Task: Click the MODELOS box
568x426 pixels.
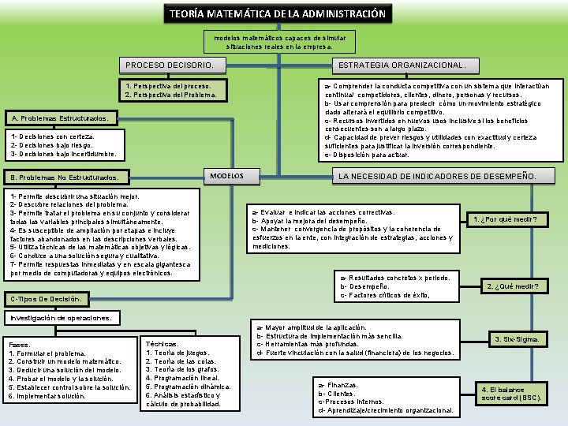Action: tap(226, 175)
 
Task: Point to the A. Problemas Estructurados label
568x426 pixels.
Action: tap(61, 119)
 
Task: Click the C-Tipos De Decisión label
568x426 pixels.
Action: tap(47, 299)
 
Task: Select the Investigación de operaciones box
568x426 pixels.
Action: tap(63, 317)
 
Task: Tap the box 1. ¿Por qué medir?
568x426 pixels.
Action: tap(515, 219)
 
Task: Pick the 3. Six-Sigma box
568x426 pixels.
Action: tap(517, 339)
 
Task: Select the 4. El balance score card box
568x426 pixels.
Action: tap(512, 394)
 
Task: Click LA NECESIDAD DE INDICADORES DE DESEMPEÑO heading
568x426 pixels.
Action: tap(437, 175)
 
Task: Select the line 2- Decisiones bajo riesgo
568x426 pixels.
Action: tap(50, 145)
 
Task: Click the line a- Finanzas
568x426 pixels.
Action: tap(337, 384)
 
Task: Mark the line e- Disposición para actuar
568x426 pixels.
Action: tap(367, 155)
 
